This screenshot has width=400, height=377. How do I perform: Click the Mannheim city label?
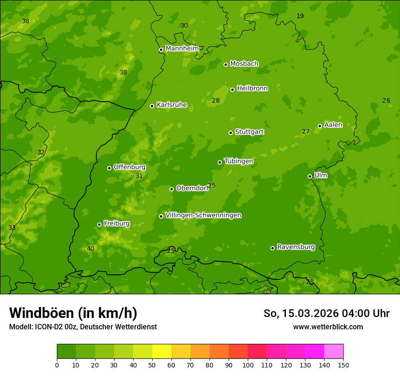point(182,49)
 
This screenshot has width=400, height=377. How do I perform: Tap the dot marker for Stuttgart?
point(230,133)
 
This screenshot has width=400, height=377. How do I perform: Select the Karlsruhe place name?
point(171,105)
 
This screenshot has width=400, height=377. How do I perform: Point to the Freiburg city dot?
point(99,224)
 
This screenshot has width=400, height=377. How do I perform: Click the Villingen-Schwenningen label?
point(203,215)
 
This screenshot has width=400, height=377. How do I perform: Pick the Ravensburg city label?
point(295,247)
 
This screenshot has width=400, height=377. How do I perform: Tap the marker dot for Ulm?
point(310,176)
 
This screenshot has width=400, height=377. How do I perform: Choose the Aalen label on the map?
point(333,125)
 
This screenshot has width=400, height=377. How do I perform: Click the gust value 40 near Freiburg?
point(90,248)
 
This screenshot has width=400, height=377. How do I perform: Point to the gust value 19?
point(300,16)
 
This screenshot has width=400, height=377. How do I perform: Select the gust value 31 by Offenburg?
point(139,176)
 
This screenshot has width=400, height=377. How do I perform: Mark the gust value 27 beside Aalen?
point(305,132)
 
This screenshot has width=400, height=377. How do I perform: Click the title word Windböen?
point(41,313)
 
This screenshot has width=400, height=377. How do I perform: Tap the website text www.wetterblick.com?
point(328,327)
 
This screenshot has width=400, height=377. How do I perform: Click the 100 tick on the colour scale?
point(248,365)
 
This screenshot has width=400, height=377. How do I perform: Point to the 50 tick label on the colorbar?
point(152,365)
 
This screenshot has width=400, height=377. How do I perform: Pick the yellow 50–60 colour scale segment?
point(162,352)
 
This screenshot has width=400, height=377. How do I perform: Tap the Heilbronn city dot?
point(232,89)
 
